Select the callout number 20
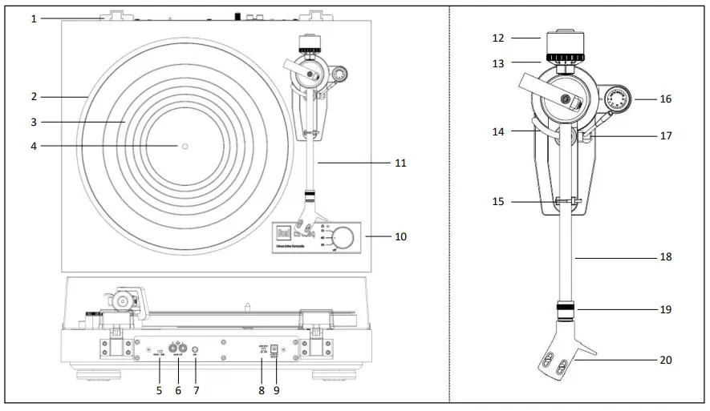point(664,361)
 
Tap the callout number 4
point(34,146)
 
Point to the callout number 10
point(400,237)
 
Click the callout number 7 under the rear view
point(196,391)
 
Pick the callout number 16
point(665,99)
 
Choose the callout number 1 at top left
point(34,18)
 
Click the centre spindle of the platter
point(184,146)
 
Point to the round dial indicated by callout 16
point(619,100)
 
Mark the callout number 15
point(498,202)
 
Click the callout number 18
point(665,257)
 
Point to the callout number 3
point(34,122)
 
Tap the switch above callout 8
point(262,350)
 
